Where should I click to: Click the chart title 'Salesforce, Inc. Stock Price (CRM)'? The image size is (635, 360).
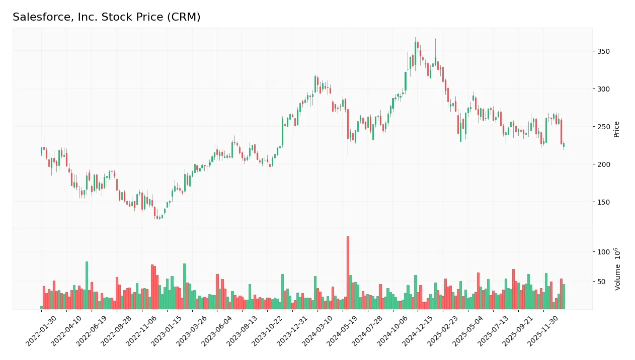coord(107,17)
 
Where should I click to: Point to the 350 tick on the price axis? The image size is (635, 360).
coord(603,51)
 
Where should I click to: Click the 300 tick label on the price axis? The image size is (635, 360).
coord(603,89)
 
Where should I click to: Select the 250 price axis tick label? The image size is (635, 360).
coord(603,127)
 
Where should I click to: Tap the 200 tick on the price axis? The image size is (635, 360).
coord(603,164)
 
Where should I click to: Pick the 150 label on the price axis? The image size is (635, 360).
coord(603,202)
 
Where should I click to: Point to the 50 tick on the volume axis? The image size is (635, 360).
coord(602,282)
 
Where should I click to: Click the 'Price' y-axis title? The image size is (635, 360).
coord(616,129)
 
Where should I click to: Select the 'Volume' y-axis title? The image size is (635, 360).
coord(617,269)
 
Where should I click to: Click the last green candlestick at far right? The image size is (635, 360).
coord(564,145)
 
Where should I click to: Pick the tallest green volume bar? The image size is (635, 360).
coord(87,285)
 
